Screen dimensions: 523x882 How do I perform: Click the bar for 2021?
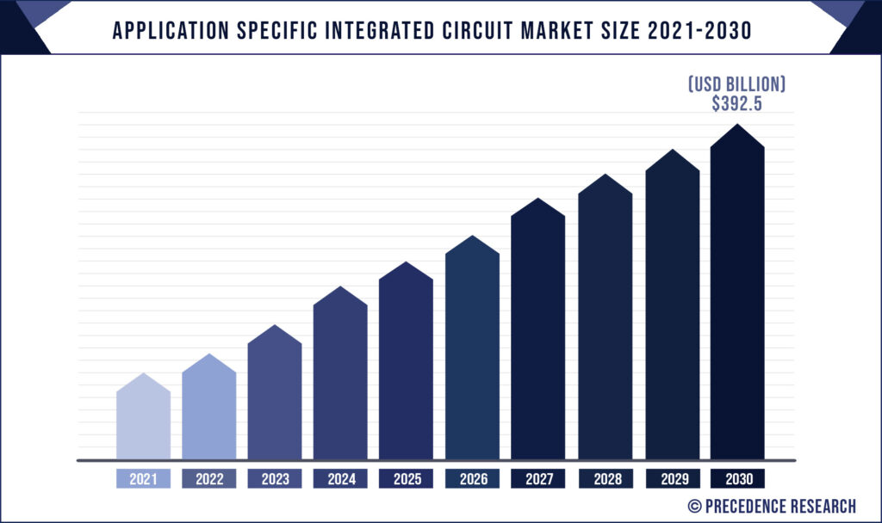[x=143, y=421]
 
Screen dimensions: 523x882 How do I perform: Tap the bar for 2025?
[x=406, y=366]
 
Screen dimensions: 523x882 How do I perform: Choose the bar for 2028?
[x=605, y=322]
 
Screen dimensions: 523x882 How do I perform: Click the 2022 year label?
[x=209, y=479]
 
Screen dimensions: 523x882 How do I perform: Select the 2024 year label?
[x=340, y=479]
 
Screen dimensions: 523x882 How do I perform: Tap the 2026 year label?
[x=472, y=479]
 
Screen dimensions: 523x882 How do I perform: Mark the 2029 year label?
[x=672, y=479]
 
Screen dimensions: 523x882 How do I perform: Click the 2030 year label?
[x=737, y=479]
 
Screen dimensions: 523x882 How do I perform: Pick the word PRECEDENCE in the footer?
[x=747, y=505]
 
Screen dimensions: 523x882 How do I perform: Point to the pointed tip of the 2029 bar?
[x=672, y=151]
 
